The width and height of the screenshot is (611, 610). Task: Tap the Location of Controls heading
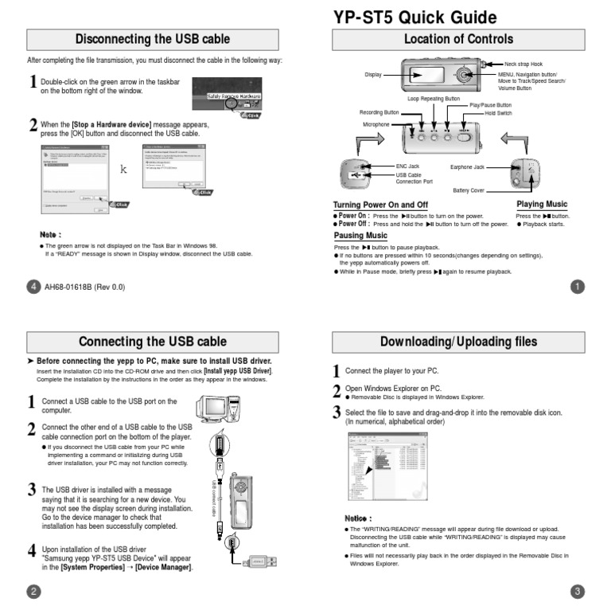pyautogui.click(x=458, y=39)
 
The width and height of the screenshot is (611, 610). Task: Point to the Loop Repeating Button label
pyautogui.click(x=434, y=99)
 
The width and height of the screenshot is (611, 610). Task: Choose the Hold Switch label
pyautogui.click(x=498, y=113)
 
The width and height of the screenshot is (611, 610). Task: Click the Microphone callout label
pyautogui.click(x=376, y=125)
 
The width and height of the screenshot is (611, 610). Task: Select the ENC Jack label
pyautogui.click(x=407, y=166)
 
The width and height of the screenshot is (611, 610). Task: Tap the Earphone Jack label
pyautogui.click(x=467, y=166)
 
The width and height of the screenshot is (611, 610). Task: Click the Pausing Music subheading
pyautogui.click(x=360, y=236)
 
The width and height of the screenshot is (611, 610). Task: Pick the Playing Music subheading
pyautogui.click(x=542, y=205)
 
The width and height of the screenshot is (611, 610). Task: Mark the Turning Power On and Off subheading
pyautogui.click(x=380, y=205)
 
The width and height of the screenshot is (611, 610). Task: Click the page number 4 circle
pyautogui.click(x=33, y=287)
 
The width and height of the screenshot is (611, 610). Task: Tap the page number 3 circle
pyautogui.click(x=578, y=591)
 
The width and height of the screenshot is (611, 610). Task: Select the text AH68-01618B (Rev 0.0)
pyautogui.click(x=84, y=287)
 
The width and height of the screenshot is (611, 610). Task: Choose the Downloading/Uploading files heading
pyautogui.click(x=458, y=342)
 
